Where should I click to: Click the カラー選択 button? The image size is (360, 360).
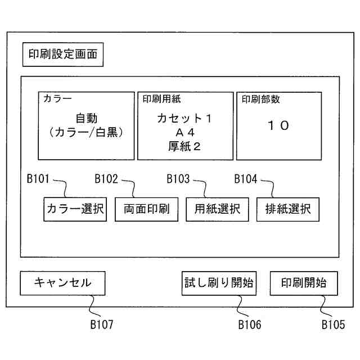click(75, 209)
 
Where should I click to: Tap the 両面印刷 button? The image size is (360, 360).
click(146, 209)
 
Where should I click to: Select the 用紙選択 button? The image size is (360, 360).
click(217, 209)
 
